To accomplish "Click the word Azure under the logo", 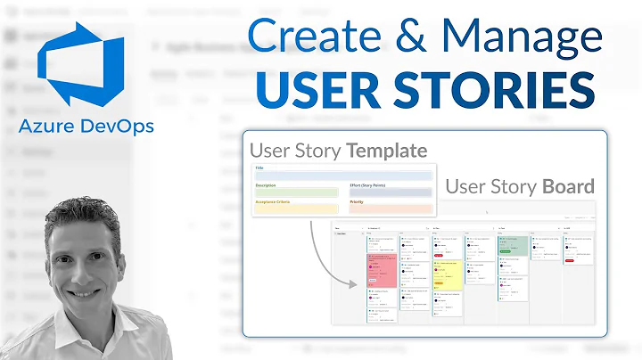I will point(47,127).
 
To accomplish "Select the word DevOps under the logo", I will point(115,127).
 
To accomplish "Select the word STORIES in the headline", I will point(492,93).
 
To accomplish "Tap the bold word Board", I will point(568,186).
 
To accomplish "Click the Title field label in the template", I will point(259,167).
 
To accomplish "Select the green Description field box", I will point(296,192).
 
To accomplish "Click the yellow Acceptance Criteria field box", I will point(296,209).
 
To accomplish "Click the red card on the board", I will point(381,270).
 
